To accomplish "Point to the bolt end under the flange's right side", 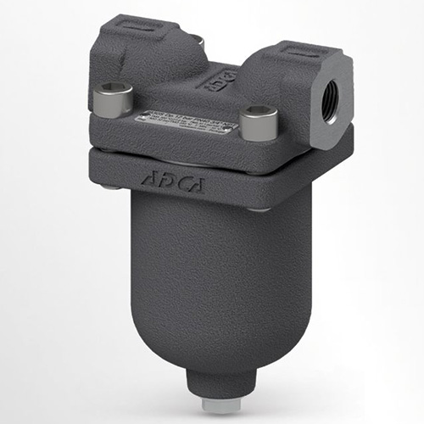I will tap(259, 209).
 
